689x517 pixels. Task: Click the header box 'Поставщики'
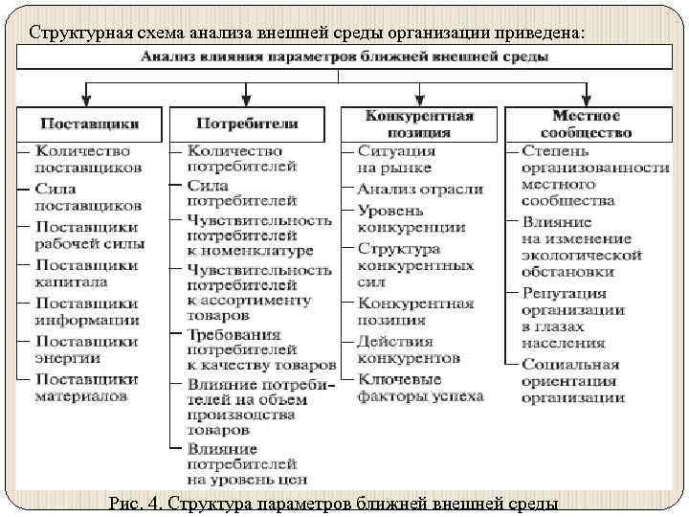coord(89,124)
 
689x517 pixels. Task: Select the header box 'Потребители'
coord(247,124)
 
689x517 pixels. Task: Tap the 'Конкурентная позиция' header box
coord(419,124)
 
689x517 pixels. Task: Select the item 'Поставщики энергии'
coord(86,348)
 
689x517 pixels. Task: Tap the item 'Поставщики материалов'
coord(86,387)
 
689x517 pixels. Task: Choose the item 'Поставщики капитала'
coord(86,273)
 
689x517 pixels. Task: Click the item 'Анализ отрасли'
coord(420,189)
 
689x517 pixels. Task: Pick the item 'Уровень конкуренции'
coord(411,218)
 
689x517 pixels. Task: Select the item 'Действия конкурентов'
coord(408,348)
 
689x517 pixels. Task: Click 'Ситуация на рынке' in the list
coord(396,159)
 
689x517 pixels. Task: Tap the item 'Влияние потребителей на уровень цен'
coord(246,462)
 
